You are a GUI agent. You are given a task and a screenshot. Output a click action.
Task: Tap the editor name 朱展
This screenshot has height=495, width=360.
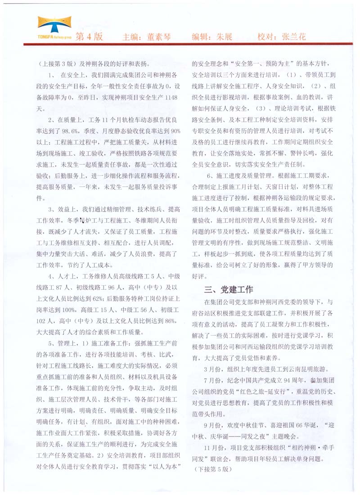click(224, 36)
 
